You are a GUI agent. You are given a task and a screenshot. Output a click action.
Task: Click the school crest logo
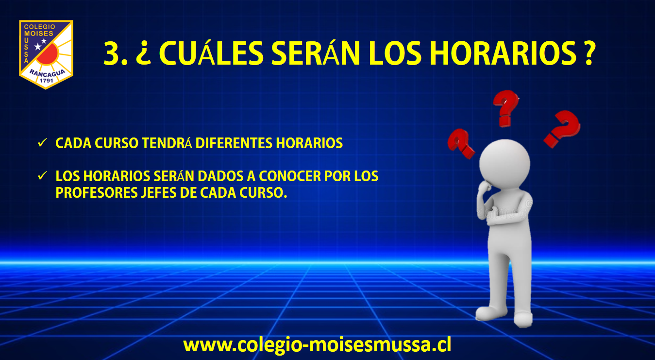[x=46, y=54]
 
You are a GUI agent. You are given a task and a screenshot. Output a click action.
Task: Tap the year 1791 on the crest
[x=46, y=81]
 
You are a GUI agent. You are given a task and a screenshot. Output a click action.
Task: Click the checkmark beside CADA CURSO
[x=42, y=143]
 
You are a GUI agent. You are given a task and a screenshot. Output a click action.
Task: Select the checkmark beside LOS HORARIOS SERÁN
[x=42, y=175]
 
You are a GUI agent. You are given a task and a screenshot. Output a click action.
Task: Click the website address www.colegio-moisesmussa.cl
[x=317, y=345]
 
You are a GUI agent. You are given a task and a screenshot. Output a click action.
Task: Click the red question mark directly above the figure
[x=505, y=108]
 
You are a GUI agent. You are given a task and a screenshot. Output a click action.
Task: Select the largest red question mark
[x=562, y=129]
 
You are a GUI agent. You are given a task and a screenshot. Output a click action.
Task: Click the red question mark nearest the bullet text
[x=461, y=143]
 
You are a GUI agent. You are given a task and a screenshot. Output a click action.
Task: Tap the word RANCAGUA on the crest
[x=47, y=73]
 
